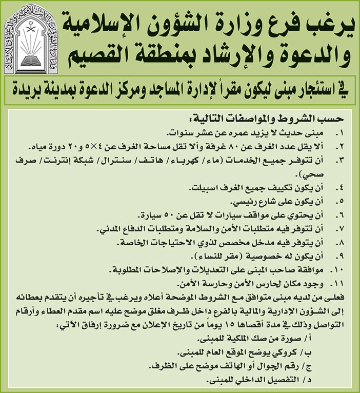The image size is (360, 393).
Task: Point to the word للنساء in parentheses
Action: [x=193, y=255]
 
